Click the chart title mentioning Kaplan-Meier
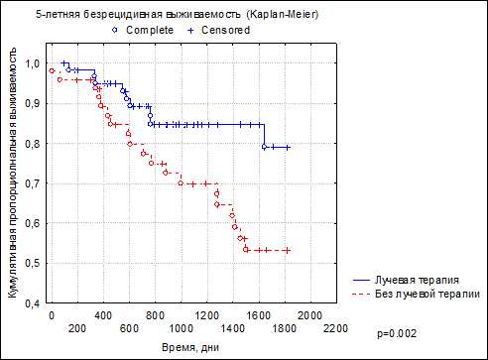coord(178,15)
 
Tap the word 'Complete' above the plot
coord(150,30)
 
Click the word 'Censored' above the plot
coord(225,30)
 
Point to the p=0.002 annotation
coord(397,334)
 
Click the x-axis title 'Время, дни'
coord(190,348)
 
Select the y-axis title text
coord(12,173)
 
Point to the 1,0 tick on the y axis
coord(32,63)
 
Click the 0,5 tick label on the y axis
coord(32,264)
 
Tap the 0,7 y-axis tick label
coord(32,183)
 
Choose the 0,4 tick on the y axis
coord(32,303)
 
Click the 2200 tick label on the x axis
coord(336,328)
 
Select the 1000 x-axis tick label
coord(181,328)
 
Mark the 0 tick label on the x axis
coord(52,315)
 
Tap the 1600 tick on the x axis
coord(259,315)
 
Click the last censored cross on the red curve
coord(288,251)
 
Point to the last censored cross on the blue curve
coord(288,148)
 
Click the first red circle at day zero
coord(52,70)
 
